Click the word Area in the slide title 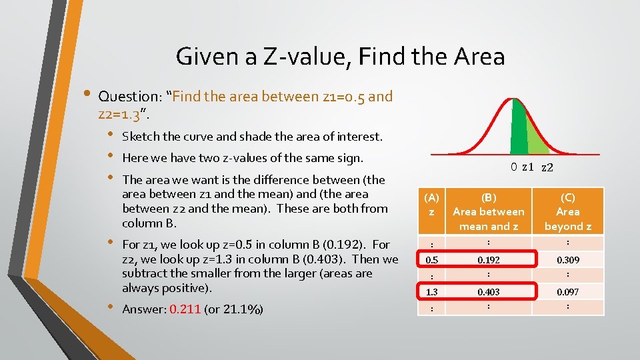[x=477, y=57]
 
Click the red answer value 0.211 [x=185, y=309]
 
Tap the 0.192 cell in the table [x=489, y=259]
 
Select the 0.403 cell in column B [x=489, y=292]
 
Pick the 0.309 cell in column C [x=568, y=259]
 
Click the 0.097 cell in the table [x=568, y=292]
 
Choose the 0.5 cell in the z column [x=432, y=259]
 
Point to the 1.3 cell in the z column [x=432, y=292]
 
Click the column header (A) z [x=432, y=204]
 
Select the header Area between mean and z [x=489, y=211]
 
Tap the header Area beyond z [x=568, y=211]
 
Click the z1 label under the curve [x=527, y=167]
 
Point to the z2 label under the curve [x=547, y=168]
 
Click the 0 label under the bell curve [x=514, y=167]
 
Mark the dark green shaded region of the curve [x=519, y=130]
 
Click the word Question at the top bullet [x=126, y=97]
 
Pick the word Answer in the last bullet [x=143, y=309]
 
